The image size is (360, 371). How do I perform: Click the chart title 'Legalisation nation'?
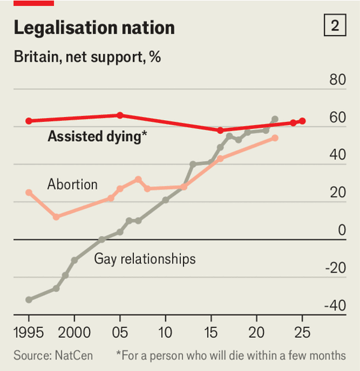94,28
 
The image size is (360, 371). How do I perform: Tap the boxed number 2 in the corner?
334,26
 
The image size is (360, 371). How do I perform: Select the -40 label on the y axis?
334,306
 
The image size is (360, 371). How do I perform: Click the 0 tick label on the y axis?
342,231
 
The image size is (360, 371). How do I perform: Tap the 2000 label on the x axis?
74,331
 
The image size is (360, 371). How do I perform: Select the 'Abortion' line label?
72,184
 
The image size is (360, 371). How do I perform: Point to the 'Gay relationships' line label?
145,259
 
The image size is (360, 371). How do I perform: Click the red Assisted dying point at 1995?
29,121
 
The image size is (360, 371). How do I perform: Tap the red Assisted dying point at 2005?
120,115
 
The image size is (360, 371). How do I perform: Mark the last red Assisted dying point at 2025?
302,121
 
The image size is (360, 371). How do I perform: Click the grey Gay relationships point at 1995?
29,300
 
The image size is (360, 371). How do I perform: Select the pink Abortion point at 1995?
29,192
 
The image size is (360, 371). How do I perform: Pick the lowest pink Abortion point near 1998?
56,217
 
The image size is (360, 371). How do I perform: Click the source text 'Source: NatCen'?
53,355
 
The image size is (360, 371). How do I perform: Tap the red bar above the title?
34,2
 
